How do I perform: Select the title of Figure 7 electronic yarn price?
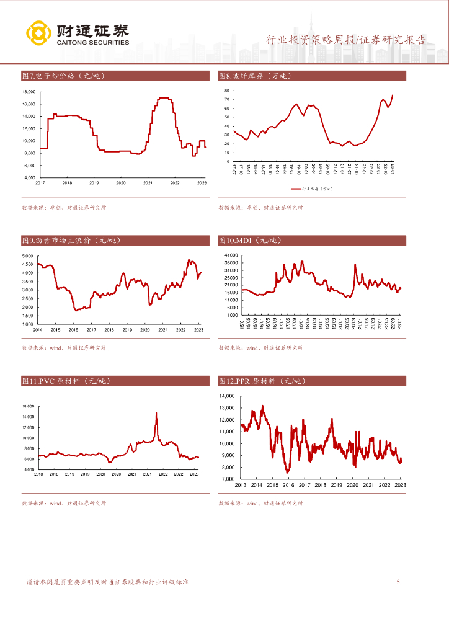(x=63, y=76)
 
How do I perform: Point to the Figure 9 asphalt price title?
(x=71, y=240)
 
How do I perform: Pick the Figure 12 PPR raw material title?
(x=262, y=381)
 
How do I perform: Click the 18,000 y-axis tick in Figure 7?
(x=29, y=92)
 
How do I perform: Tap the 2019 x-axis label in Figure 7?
(x=94, y=183)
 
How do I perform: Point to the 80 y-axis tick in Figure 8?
(x=227, y=90)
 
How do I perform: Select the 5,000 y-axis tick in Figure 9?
(x=27, y=255)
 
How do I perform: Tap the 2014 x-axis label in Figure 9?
(x=38, y=330)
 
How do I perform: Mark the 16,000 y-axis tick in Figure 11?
(x=29, y=406)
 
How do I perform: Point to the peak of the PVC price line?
(x=156, y=412)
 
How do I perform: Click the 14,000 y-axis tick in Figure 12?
(x=225, y=396)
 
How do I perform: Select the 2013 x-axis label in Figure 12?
(x=241, y=485)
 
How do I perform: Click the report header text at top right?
(x=346, y=40)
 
